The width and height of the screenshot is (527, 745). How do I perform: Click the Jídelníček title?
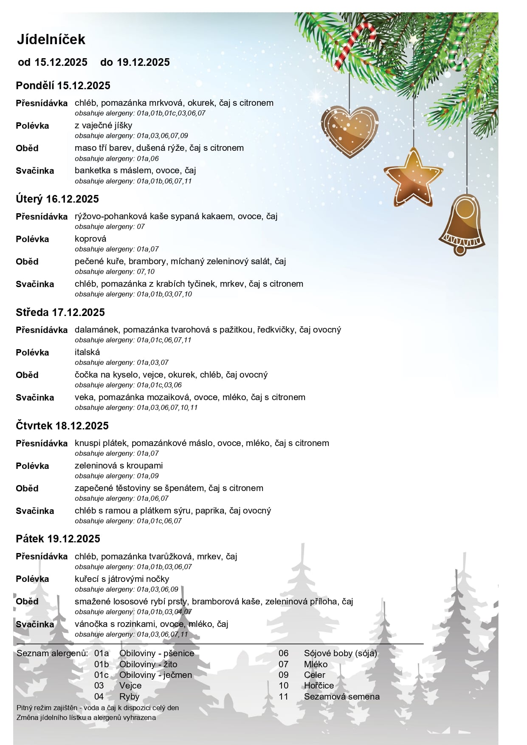pos(51,40)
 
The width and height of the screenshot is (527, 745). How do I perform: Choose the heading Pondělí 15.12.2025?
pos(63,86)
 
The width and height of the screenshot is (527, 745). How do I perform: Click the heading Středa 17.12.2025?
pos(60,313)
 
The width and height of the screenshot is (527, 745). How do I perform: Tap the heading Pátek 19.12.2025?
pos(58,539)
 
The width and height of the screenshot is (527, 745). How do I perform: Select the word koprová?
pos(90,239)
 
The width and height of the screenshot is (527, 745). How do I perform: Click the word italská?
pos(87,352)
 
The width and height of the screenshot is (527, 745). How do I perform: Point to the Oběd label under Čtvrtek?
pos(27,488)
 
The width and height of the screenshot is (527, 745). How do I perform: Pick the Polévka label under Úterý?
pos(32,239)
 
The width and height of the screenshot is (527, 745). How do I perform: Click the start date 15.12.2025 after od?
pos(61,62)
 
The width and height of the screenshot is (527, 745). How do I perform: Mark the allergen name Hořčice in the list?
pos(319,686)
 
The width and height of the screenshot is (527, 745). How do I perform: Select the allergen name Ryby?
pos(129,697)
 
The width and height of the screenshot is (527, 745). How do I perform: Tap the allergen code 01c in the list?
pos(101,675)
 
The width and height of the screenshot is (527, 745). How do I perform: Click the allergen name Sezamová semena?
pos(342,697)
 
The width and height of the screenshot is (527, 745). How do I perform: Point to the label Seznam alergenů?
pos(52,653)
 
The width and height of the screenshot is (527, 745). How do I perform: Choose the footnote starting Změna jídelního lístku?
pos(86,717)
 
